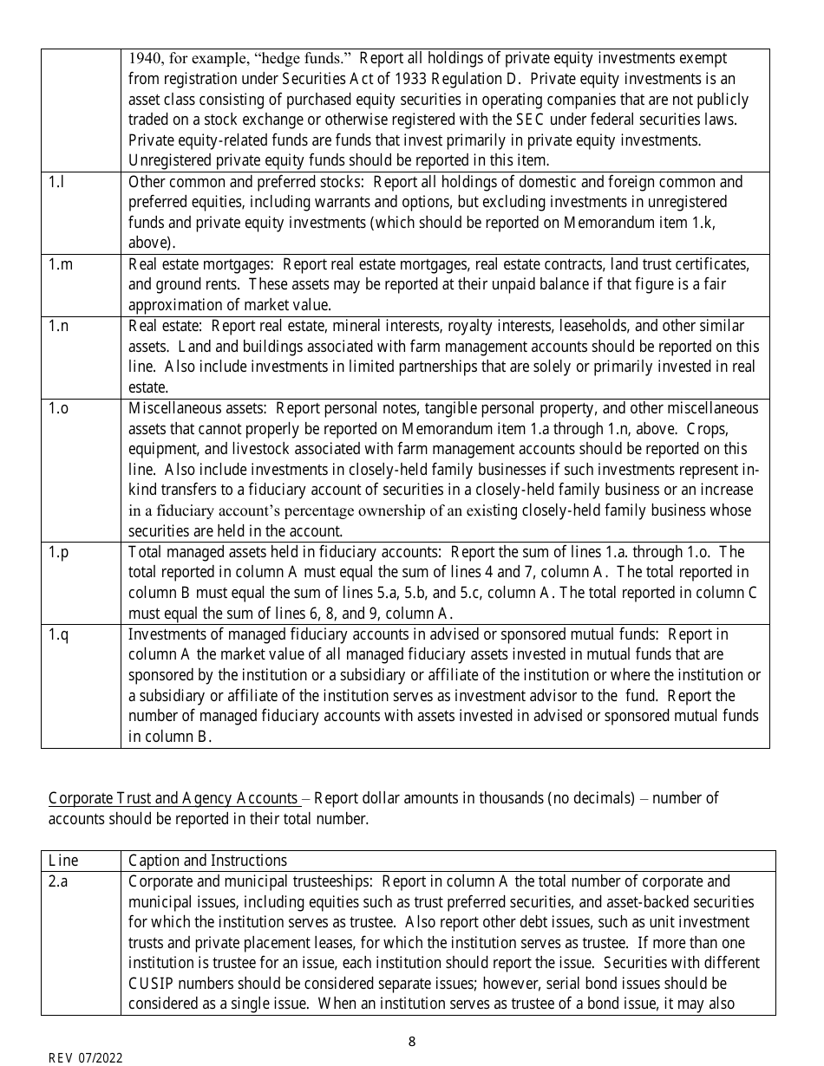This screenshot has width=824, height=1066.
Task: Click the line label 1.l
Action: coord(56,182)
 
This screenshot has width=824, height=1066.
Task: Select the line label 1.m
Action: coord(60,264)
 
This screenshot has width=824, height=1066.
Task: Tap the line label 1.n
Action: coord(58,326)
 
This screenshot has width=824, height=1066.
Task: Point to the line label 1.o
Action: coord(58,408)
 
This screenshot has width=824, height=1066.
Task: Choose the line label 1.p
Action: coord(58,552)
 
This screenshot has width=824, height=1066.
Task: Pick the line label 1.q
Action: coord(58,634)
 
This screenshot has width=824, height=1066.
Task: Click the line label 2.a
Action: coord(58,881)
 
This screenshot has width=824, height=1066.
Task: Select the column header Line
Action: coord(63,861)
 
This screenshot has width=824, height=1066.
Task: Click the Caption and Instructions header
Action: coord(207,861)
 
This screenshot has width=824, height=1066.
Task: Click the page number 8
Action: coord(412,1042)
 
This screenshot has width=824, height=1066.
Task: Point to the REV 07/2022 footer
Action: coord(85,1058)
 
